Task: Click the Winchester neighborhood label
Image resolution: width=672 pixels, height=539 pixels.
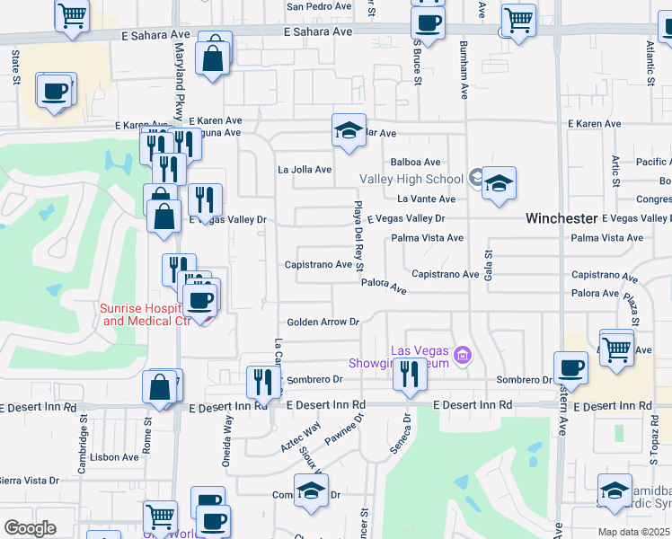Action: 561,218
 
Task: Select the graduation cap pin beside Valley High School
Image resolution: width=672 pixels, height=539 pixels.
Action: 499,183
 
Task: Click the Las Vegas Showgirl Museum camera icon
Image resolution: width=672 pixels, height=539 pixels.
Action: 463,357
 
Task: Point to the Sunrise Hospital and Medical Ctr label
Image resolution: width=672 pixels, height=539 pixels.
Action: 146,314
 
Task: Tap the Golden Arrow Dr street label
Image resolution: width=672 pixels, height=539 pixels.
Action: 323,322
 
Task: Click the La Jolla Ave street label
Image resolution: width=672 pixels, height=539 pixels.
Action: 305,169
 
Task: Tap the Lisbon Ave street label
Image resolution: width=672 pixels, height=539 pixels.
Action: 114,456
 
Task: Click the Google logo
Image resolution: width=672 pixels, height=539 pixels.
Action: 30,528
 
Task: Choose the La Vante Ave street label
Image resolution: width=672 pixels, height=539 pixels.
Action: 427,199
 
